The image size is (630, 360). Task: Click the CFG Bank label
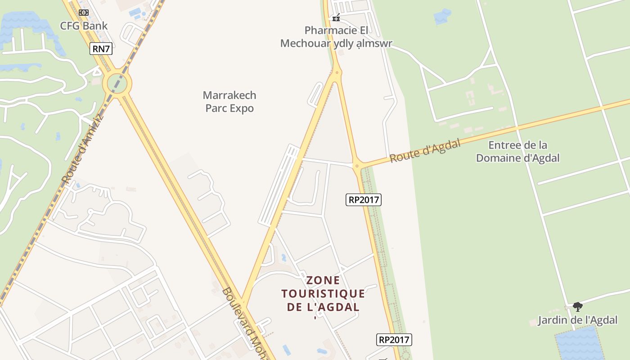coord(84,26)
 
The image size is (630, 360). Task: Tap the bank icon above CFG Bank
coord(84,13)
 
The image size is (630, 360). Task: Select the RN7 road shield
coord(101,49)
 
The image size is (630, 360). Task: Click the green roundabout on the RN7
coord(117,83)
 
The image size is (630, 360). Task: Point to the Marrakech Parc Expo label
coord(229,102)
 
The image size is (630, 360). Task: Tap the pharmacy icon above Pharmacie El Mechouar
coord(336,18)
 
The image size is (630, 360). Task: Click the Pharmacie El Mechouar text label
coord(336,37)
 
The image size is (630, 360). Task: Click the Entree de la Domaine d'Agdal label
coord(518,152)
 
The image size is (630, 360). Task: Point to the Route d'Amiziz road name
coord(82,149)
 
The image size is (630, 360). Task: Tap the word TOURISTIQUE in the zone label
coord(323,294)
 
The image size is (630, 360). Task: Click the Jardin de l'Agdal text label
coord(578,320)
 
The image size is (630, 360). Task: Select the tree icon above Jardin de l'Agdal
coord(578,307)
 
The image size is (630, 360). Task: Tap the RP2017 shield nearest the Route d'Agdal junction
coord(363,199)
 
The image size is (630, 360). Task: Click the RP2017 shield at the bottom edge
coord(394,340)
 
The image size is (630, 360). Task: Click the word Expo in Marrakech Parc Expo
coord(242,108)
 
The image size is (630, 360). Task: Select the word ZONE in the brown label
coord(323,280)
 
